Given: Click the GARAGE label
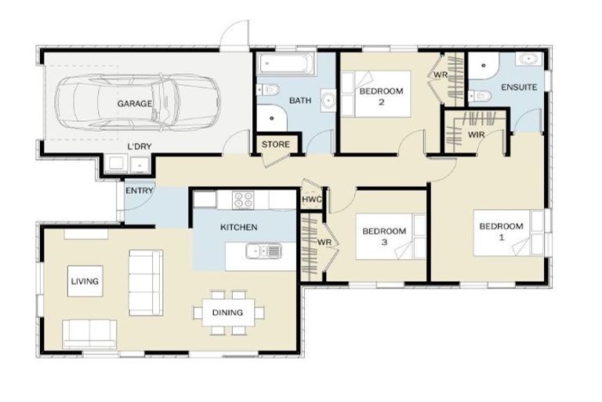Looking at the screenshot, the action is (134, 104).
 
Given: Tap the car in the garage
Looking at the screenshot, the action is (138, 102).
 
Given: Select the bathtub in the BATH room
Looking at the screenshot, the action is (286, 64).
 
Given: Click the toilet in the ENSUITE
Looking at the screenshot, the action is (480, 96).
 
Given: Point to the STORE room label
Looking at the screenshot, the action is (276, 144).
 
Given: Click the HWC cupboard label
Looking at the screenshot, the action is (312, 199).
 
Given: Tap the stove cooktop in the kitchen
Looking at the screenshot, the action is (243, 200).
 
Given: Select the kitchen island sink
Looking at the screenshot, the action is (263, 251).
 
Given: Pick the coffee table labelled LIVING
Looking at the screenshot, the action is (85, 281).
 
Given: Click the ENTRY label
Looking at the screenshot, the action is (140, 191).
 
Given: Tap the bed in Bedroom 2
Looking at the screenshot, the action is (376, 94).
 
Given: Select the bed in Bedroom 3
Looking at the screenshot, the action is (391, 236).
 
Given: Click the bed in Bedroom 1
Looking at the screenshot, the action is (509, 232).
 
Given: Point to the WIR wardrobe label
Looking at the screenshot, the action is (476, 134).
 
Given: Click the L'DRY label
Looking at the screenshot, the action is (140, 146).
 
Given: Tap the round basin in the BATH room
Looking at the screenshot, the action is (328, 100).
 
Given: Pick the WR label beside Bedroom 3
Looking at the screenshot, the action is (325, 243).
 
